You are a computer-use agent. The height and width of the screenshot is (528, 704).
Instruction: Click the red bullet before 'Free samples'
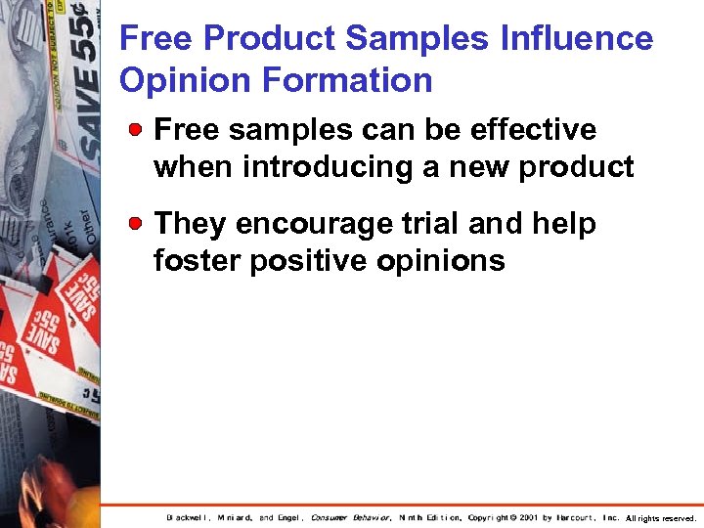click(x=141, y=129)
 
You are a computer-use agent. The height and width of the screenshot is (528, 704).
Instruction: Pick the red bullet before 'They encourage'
click(x=141, y=223)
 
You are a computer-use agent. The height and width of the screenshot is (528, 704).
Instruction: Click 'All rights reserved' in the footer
click(x=661, y=518)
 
